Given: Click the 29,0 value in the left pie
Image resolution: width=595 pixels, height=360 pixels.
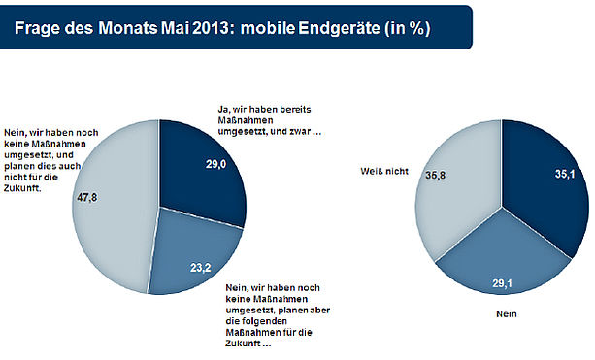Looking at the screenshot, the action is (x=216, y=164).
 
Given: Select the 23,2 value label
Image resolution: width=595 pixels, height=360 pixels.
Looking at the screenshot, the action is (x=201, y=268).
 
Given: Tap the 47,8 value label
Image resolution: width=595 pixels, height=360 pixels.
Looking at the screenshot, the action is (x=87, y=197).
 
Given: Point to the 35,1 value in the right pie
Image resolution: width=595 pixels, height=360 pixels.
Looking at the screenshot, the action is (x=565, y=174).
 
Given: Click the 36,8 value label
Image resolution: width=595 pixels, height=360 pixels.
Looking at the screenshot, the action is (x=435, y=176).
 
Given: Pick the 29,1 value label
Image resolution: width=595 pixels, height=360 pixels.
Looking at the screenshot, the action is (x=503, y=283).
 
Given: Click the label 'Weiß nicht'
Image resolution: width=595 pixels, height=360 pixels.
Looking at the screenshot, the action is (x=384, y=172).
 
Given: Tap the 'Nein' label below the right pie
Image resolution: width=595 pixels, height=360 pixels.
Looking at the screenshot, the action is (x=507, y=314).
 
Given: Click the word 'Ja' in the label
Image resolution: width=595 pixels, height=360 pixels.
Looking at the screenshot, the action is (x=222, y=110).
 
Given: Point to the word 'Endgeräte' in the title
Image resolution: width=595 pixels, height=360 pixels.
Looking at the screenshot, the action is (x=339, y=28).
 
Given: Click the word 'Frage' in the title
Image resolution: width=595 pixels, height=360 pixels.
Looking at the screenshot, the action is (x=37, y=29).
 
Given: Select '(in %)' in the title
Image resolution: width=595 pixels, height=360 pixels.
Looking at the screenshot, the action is (x=408, y=29).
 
